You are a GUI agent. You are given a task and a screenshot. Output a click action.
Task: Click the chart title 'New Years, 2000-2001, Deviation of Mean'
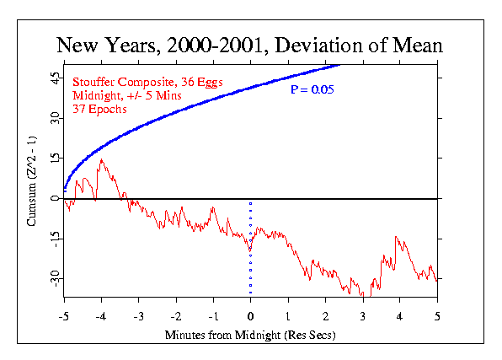pyautogui.click(x=249, y=46)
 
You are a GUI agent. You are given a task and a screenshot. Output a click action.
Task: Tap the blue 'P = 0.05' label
pyautogui.click(x=312, y=89)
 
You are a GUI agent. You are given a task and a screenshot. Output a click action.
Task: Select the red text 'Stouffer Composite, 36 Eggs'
pyautogui.click(x=147, y=83)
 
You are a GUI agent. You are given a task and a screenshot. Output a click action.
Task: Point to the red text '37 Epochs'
pyautogui.click(x=99, y=110)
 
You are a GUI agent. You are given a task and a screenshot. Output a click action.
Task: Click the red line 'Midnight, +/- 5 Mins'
pyautogui.click(x=127, y=95)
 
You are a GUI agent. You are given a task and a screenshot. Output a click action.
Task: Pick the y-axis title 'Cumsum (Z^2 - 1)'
pyautogui.click(x=32, y=181)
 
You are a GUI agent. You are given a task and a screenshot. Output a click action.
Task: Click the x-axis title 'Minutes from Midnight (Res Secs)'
pyautogui.click(x=250, y=336)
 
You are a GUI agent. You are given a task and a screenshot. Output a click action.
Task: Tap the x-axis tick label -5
pyautogui.click(x=64, y=317)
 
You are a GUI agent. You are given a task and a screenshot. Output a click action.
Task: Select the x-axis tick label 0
pyautogui.click(x=250, y=317)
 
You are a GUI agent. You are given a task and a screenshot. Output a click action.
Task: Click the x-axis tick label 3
pyautogui.click(x=363, y=317)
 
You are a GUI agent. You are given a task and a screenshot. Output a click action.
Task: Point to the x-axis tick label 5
pyautogui.click(x=437, y=317)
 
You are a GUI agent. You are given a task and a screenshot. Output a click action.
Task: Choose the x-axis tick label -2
pyautogui.click(x=176, y=317)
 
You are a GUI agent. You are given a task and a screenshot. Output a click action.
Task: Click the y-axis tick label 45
pyautogui.click(x=55, y=78)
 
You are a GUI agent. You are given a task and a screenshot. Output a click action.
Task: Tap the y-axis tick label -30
pyautogui.click(x=55, y=278)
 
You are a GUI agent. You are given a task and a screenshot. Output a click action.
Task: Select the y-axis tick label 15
pyautogui.click(x=55, y=159)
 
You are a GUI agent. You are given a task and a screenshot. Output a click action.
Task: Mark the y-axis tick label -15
pyautogui.click(x=55, y=239)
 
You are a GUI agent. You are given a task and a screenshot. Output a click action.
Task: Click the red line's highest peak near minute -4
pyautogui.click(x=101, y=159)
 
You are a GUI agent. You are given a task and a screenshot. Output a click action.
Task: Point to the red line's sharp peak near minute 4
pyautogui.click(x=396, y=237)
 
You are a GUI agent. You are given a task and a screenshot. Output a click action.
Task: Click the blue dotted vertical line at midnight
pyautogui.click(x=250, y=248)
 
